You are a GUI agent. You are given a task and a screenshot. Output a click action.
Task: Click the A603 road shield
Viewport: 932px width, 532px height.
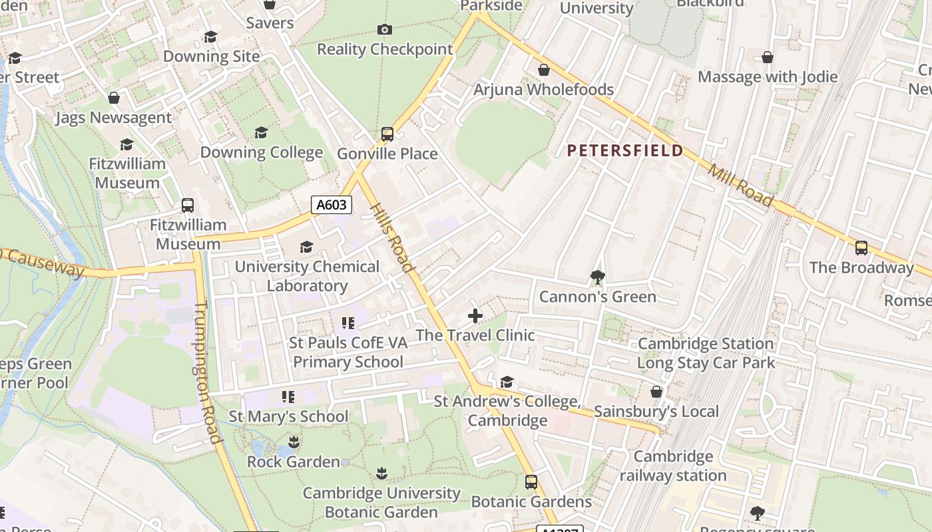tap(332, 205)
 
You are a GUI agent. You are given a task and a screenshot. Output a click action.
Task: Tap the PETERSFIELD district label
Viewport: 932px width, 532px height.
tap(625, 150)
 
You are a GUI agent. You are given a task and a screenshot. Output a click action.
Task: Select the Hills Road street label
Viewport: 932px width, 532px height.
tap(393, 237)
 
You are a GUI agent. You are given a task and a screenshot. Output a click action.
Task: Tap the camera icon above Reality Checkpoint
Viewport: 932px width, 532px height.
tap(384, 29)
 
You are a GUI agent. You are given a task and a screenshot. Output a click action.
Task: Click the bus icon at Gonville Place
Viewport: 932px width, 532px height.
tap(387, 134)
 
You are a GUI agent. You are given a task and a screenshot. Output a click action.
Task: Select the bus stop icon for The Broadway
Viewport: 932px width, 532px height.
tap(861, 248)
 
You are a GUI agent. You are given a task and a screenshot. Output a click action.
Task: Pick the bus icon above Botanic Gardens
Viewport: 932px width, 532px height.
tap(531, 482)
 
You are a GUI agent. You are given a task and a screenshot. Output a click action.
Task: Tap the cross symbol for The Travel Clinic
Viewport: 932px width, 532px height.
tap(475, 316)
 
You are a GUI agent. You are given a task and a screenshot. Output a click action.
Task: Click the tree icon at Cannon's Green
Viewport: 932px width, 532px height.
tap(597, 277)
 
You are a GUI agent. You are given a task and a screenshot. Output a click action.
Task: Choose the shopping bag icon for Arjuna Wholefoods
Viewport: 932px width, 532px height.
tap(544, 70)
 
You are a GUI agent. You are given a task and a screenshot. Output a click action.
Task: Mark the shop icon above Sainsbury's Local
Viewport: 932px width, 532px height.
tap(656, 392)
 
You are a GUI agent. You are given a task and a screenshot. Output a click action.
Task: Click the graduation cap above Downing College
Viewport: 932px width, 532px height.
tap(261, 133)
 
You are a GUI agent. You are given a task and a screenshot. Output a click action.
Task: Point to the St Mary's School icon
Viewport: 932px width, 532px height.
tap(288, 397)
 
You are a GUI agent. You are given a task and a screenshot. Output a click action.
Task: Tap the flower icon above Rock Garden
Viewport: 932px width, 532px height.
tap(293, 442)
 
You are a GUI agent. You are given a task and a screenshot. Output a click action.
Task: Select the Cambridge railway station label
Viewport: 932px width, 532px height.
tap(673, 465)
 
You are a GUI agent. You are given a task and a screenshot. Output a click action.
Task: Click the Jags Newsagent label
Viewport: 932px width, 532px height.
tap(113, 118)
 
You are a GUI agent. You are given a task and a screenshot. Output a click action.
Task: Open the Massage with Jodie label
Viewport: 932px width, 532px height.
tap(768, 76)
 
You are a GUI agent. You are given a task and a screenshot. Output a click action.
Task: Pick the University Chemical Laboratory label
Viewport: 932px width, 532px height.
tap(307, 276)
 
